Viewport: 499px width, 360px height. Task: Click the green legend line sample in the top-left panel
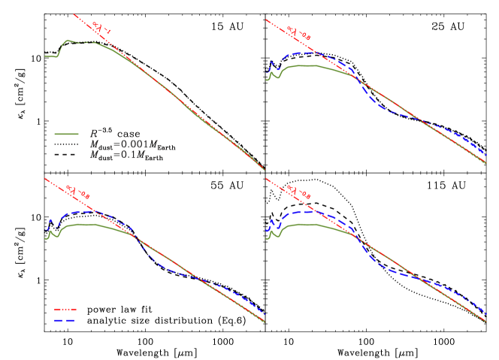66,135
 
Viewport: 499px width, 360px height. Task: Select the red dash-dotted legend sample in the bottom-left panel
65,309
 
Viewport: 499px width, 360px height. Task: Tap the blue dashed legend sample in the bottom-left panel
65,321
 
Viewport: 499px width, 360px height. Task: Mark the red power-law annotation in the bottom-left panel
77,192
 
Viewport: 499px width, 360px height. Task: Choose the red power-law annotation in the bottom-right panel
299,192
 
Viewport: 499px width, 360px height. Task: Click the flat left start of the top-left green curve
51,56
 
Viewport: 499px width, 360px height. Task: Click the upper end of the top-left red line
74,14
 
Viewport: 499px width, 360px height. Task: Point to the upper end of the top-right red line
267,20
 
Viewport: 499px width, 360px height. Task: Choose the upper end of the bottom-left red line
46,179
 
